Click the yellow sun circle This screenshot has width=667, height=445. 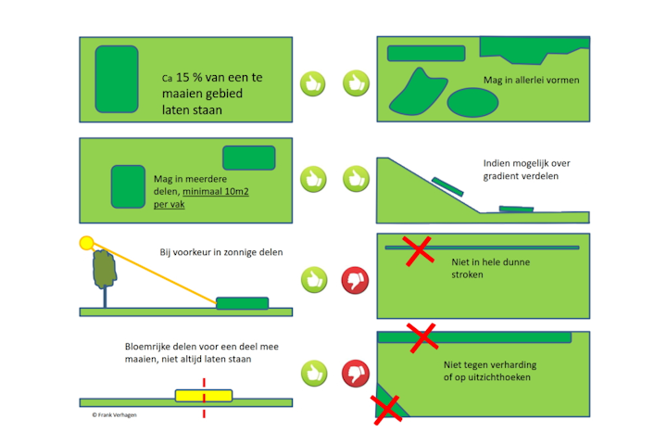pyautogui.click(x=87, y=243)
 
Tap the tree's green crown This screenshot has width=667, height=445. pyautogui.click(x=105, y=268)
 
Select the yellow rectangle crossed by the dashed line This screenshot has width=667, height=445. pyautogui.click(x=204, y=396)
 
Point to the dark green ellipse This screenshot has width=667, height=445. pyautogui.click(x=473, y=102)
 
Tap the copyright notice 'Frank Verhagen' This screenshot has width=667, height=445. pyautogui.click(x=108, y=415)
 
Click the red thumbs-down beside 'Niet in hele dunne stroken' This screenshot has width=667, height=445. pyautogui.click(x=356, y=278)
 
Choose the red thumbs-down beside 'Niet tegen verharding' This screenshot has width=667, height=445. pyautogui.click(x=356, y=373)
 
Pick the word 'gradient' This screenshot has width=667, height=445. pyautogui.click(x=504, y=176)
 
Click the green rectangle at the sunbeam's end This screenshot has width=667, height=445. pyautogui.click(x=242, y=303)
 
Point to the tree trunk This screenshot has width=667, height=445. pyautogui.click(x=105, y=296)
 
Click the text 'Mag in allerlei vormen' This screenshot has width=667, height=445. pyautogui.click(x=531, y=81)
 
